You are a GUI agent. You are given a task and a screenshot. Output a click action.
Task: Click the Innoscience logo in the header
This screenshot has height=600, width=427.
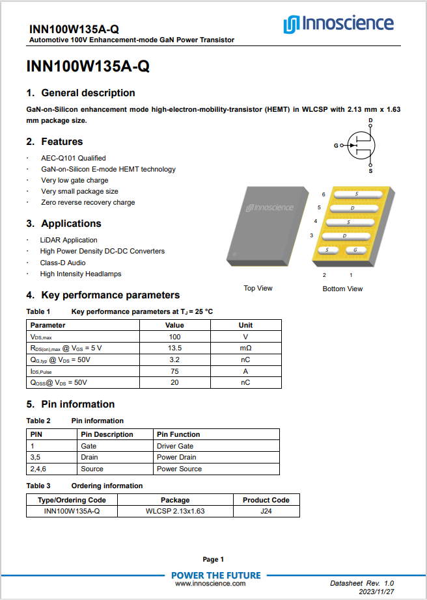tap(338, 25)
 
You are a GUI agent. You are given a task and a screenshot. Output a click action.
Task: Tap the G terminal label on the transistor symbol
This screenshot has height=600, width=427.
tap(337, 146)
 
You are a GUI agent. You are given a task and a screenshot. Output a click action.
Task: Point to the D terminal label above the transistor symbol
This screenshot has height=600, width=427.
tap(370, 121)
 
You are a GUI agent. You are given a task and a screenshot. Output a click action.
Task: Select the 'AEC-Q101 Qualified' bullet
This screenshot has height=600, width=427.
tap(74, 158)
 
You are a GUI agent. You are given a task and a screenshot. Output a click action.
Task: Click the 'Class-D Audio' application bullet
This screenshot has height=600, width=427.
tap(62, 263)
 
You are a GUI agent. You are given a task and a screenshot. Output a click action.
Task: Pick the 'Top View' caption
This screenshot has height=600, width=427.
tap(258, 288)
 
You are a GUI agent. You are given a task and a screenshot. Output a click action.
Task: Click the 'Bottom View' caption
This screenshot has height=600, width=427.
tap(342, 289)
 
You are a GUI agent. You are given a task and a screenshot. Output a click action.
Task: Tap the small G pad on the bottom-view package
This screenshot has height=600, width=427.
tap(355, 250)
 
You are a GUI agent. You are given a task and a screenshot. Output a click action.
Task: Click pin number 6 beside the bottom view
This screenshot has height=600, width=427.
tap(324, 194)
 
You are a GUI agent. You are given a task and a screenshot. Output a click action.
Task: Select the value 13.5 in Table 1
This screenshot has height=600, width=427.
tap(174, 348)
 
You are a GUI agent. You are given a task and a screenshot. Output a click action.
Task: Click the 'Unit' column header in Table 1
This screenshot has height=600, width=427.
tap(245, 325)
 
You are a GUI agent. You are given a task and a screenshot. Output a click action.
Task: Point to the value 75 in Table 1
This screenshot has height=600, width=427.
tap(174, 371)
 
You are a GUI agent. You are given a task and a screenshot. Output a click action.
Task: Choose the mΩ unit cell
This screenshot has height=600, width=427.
tap(245, 348)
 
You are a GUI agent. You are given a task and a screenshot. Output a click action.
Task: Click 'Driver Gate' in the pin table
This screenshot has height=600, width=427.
tap(175, 446)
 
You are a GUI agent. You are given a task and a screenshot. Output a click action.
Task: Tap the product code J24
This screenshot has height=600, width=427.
tap(266, 511)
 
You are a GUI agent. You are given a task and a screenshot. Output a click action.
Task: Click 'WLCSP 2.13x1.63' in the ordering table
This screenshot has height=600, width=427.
tap(175, 511)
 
